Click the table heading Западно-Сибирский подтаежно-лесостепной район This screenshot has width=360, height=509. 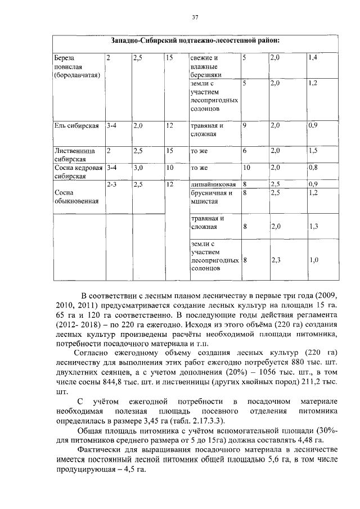195,42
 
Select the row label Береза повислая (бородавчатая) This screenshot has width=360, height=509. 76,66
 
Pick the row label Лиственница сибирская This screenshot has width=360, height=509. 74,155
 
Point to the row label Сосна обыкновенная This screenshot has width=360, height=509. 69,196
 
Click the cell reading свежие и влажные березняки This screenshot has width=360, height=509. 205,66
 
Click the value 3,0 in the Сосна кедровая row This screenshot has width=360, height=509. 138,168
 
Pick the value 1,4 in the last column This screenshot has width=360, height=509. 313,58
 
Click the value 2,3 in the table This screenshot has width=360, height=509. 276,260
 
